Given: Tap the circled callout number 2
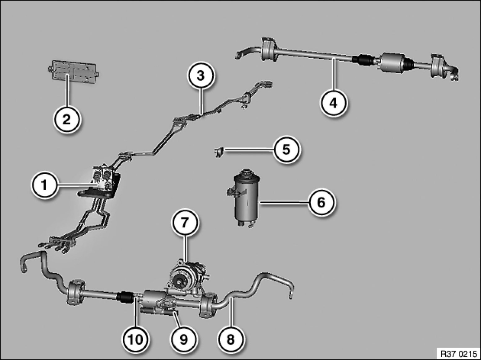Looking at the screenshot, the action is pos(67,119).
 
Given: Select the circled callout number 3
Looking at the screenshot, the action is pos(200,75).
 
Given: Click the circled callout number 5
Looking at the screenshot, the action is pos(286,150).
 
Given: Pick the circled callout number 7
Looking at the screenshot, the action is pos(184,223).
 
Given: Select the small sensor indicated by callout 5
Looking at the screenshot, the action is pos(218,152).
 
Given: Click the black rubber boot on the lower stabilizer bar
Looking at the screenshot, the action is pos(125,297).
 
